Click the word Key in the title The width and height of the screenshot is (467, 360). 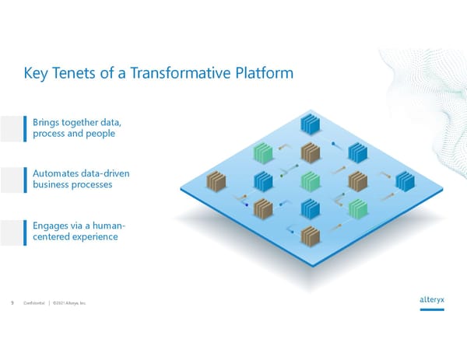37,75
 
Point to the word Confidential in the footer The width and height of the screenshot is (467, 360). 35,303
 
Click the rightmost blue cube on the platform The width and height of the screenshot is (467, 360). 406,182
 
